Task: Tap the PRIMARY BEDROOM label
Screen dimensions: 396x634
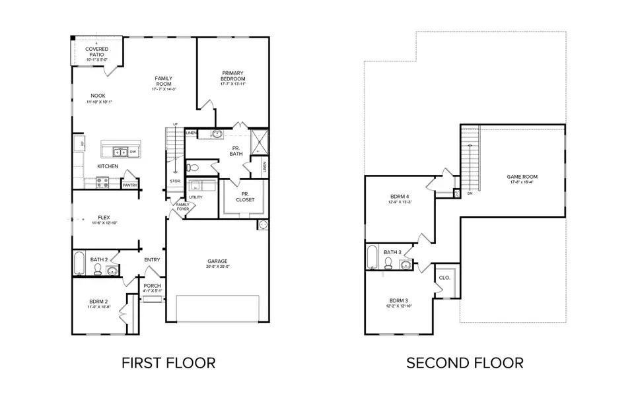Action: [x=233, y=77]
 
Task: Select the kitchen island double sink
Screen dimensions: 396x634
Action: [x=116, y=151]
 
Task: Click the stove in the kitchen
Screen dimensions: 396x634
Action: [x=103, y=184]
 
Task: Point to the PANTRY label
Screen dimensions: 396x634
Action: [x=129, y=185]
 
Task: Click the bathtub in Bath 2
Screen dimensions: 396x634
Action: [x=79, y=263]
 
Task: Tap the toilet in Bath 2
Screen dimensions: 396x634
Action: [x=98, y=271]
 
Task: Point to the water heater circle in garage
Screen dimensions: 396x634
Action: [x=263, y=225]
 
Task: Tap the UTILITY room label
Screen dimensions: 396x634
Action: [x=195, y=197]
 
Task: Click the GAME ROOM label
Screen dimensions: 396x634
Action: [x=522, y=177]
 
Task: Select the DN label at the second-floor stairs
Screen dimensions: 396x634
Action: [x=470, y=194]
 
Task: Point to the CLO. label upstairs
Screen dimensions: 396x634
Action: [x=444, y=278]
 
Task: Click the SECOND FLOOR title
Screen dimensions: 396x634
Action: [x=464, y=362]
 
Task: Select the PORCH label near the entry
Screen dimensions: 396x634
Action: [x=152, y=286]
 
